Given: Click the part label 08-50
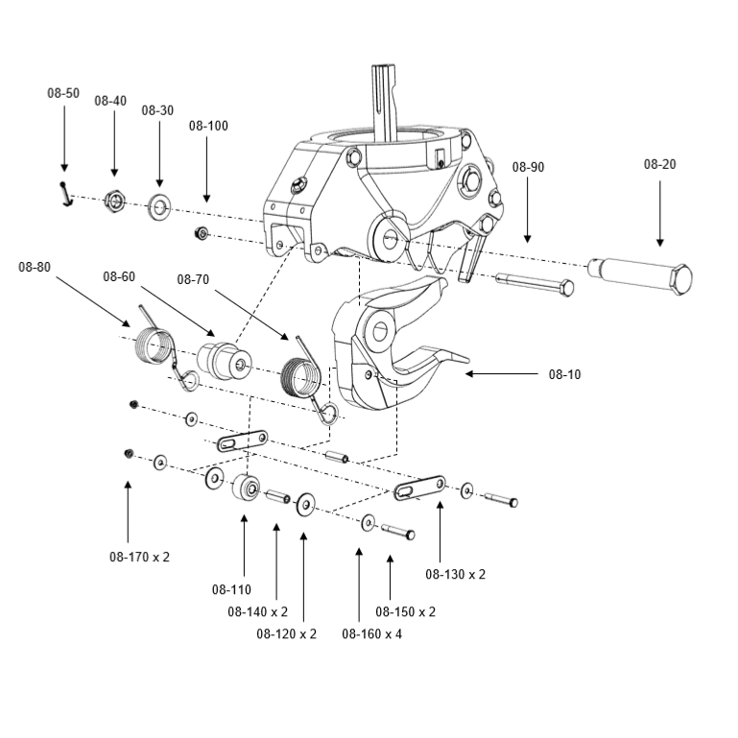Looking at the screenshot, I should [63, 93].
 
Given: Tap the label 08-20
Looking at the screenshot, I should [659, 164].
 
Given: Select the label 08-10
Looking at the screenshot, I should [564, 374].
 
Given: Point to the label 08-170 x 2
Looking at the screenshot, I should [139, 556].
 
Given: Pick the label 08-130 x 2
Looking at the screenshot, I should [455, 574].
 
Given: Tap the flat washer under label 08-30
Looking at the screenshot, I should [158, 207].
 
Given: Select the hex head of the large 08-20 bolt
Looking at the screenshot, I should [679, 281].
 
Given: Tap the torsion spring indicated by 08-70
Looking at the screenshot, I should [302, 374].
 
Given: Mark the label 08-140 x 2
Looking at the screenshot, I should [257, 610].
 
